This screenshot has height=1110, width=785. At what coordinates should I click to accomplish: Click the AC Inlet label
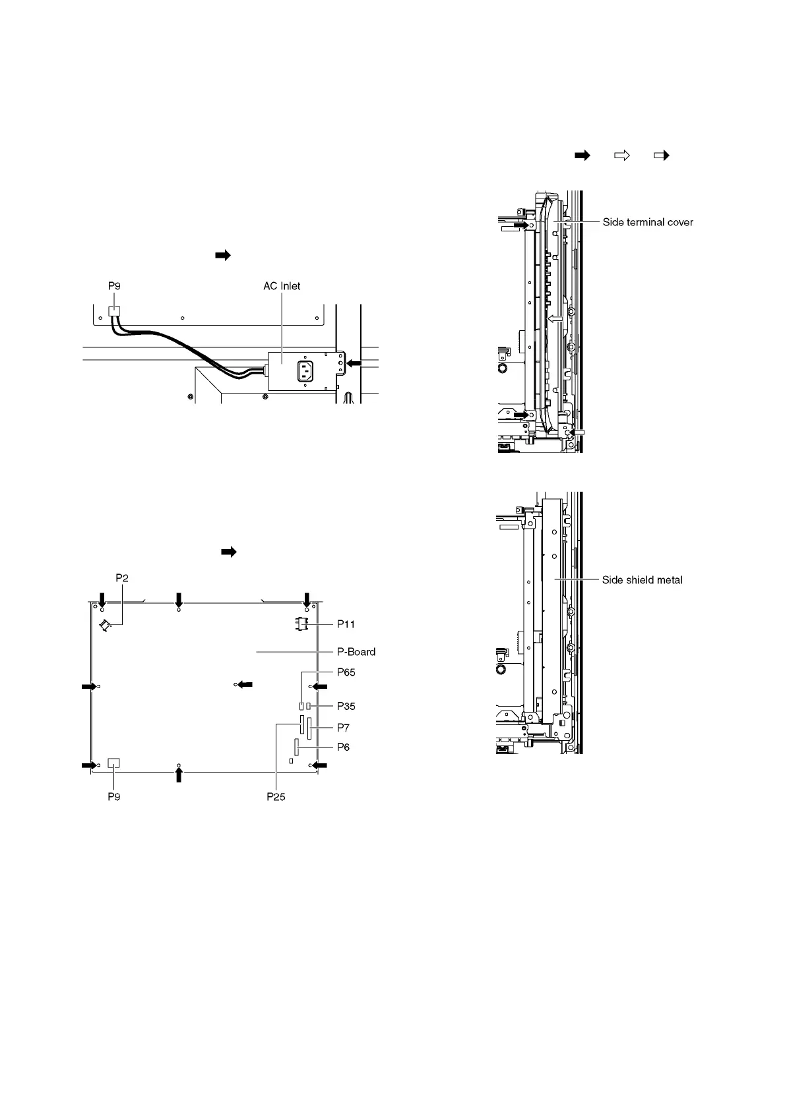point(282,286)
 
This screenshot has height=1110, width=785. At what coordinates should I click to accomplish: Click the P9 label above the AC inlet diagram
point(114,286)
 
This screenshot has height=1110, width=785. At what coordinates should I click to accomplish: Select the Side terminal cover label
point(648,222)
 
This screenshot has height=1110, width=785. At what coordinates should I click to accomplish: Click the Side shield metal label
point(642,580)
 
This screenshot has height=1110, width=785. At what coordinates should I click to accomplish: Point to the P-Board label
point(356,652)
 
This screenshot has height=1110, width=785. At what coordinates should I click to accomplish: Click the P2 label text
point(122,578)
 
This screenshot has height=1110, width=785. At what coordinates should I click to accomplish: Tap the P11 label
point(346,624)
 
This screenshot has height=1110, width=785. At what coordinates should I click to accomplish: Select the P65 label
point(346,672)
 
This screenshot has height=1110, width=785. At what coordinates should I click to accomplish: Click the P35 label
point(346,706)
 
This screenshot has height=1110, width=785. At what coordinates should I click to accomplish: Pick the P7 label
point(343,728)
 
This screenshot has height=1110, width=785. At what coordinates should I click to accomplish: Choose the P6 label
point(343,747)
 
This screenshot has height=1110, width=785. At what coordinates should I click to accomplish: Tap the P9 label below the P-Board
point(114,796)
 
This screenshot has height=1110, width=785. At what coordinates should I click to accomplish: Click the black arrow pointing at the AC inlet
point(354,363)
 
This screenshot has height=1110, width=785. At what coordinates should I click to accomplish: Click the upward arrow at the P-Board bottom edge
point(179,775)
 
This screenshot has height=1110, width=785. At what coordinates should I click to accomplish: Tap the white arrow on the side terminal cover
point(555,318)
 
